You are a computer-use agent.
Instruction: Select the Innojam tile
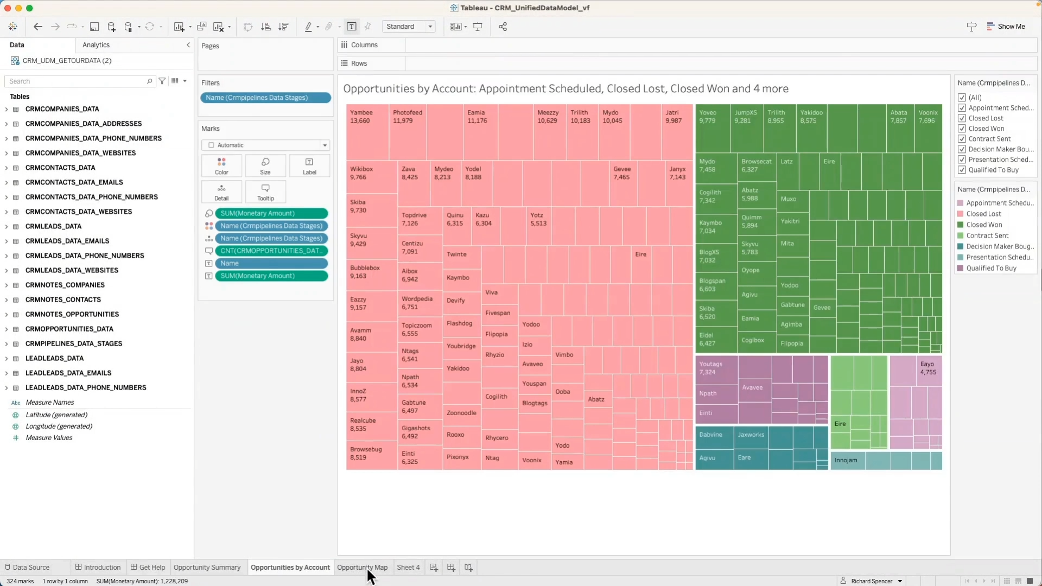[847, 461]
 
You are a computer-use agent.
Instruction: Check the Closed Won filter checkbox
[962, 129]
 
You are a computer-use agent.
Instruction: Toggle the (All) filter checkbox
[962, 98]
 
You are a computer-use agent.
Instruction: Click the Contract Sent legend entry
[987, 235]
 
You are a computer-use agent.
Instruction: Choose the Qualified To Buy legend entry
[990, 268]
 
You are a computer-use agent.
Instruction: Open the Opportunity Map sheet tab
[362, 567]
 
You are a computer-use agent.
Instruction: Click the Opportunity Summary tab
[207, 567]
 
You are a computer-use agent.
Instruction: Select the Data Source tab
[31, 567]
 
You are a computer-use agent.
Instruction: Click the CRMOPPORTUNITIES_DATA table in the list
[69, 329]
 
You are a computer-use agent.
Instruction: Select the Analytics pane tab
[96, 45]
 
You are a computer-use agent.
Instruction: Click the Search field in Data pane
[76, 81]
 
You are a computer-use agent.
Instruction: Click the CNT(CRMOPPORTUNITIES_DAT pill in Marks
[271, 251]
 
